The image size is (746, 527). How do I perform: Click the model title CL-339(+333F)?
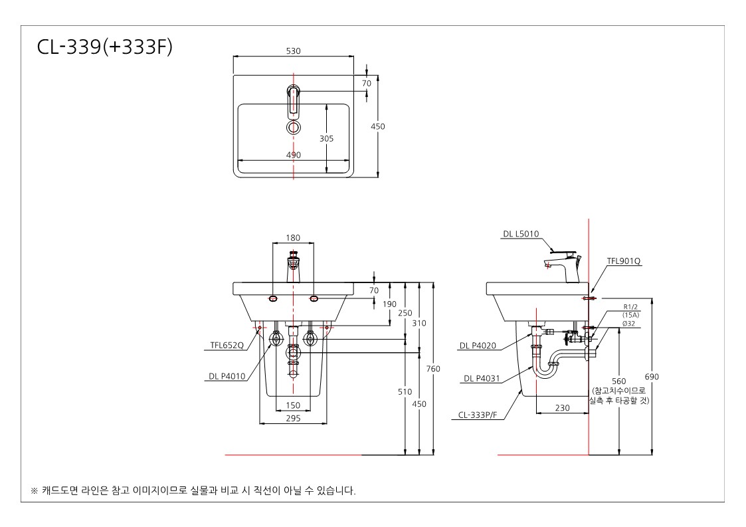pyautogui.click(x=105, y=47)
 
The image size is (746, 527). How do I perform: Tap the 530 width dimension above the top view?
pyautogui.click(x=293, y=51)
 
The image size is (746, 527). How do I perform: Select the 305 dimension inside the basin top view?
pyautogui.click(x=326, y=138)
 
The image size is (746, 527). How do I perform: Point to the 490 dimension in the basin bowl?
pyautogui.click(x=294, y=155)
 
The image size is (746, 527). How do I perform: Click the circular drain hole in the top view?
pyautogui.click(x=294, y=127)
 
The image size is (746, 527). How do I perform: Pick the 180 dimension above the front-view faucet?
pyautogui.click(x=293, y=238)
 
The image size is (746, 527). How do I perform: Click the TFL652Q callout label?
pyautogui.click(x=227, y=345)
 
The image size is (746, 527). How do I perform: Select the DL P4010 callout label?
pyautogui.click(x=227, y=376)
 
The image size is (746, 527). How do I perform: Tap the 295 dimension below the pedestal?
pyautogui.click(x=293, y=418)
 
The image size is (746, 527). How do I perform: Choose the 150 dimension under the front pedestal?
pyautogui.click(x=293, y=405)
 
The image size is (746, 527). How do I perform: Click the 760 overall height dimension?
pyautogui.click(x=433, y=368)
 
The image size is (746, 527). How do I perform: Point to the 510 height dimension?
pyautogui.click(x=405, y=391)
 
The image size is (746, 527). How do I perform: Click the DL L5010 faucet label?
pyautogui.click(x=521, y=234)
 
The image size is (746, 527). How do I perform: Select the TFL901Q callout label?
pyautogui.click(x=624, y=261)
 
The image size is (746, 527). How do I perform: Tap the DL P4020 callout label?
pyautogui.click(x=478, y=346)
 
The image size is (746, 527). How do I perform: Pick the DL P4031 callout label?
pyautogui.click(x=482, y=378)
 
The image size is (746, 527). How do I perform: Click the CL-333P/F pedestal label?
pyautogui.click(x=478, y=415)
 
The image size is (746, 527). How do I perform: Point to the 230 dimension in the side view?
pyautogui.click(x=563, y=407)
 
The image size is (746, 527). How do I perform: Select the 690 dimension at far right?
pyautogui.click(x=652, y=377)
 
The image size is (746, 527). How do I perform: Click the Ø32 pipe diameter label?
pyautogui.click(x=628, y=323)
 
